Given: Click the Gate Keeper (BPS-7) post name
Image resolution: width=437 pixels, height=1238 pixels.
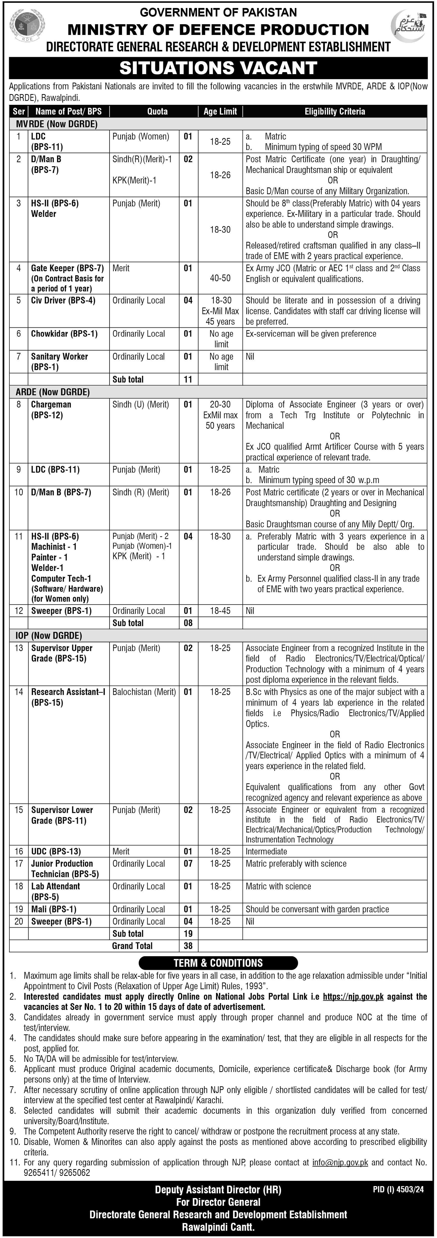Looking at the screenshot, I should coord(67,268).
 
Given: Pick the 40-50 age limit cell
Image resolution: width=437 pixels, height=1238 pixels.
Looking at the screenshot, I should coord(220,278).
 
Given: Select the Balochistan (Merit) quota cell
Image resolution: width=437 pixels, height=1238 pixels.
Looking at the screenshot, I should coord(144,692).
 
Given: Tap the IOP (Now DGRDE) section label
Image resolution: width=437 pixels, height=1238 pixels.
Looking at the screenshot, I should coord(48,635).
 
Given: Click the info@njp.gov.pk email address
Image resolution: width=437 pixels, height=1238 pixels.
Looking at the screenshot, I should coord(340,1163).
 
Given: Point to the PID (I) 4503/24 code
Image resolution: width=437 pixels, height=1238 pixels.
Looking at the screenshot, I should coord(398,1190).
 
